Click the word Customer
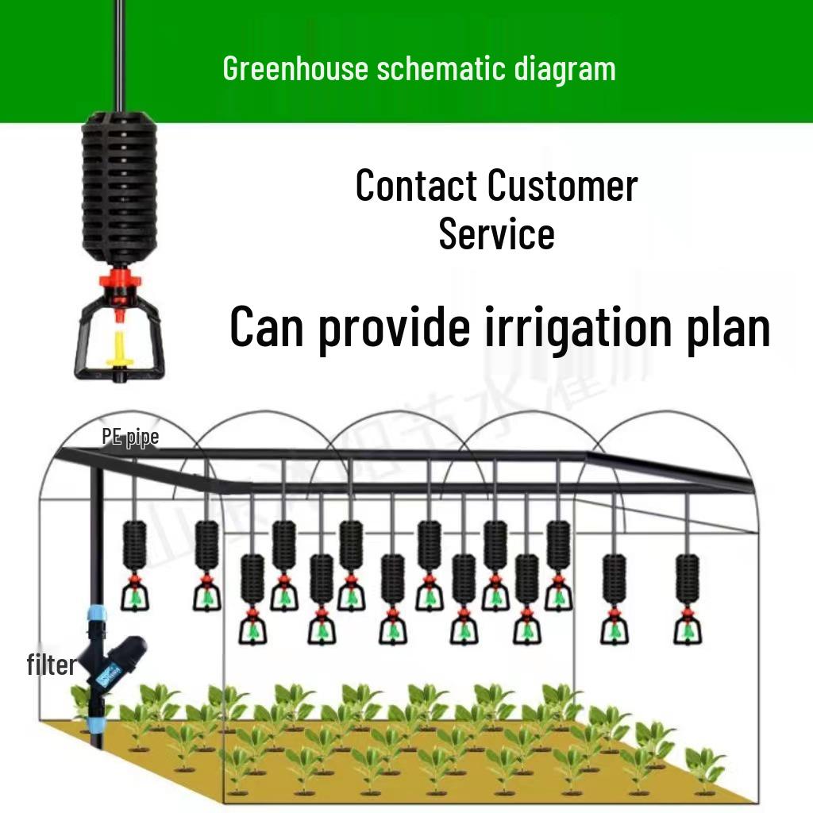tap(562, 185)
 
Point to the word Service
tap(496, 233)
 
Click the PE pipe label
tap(130, 437)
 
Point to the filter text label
tap(51, 665)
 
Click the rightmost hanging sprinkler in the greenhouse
tap(688, 595)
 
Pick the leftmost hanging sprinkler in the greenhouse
tap(136, 564)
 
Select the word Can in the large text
tap(266, 327)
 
